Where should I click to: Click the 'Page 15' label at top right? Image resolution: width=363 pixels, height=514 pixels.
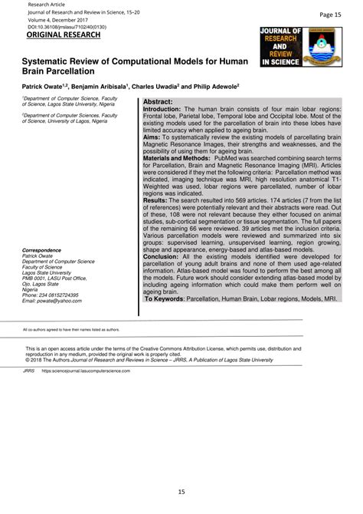click(332, 13)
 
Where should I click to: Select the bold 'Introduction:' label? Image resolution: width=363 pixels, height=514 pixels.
click(165, 110)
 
